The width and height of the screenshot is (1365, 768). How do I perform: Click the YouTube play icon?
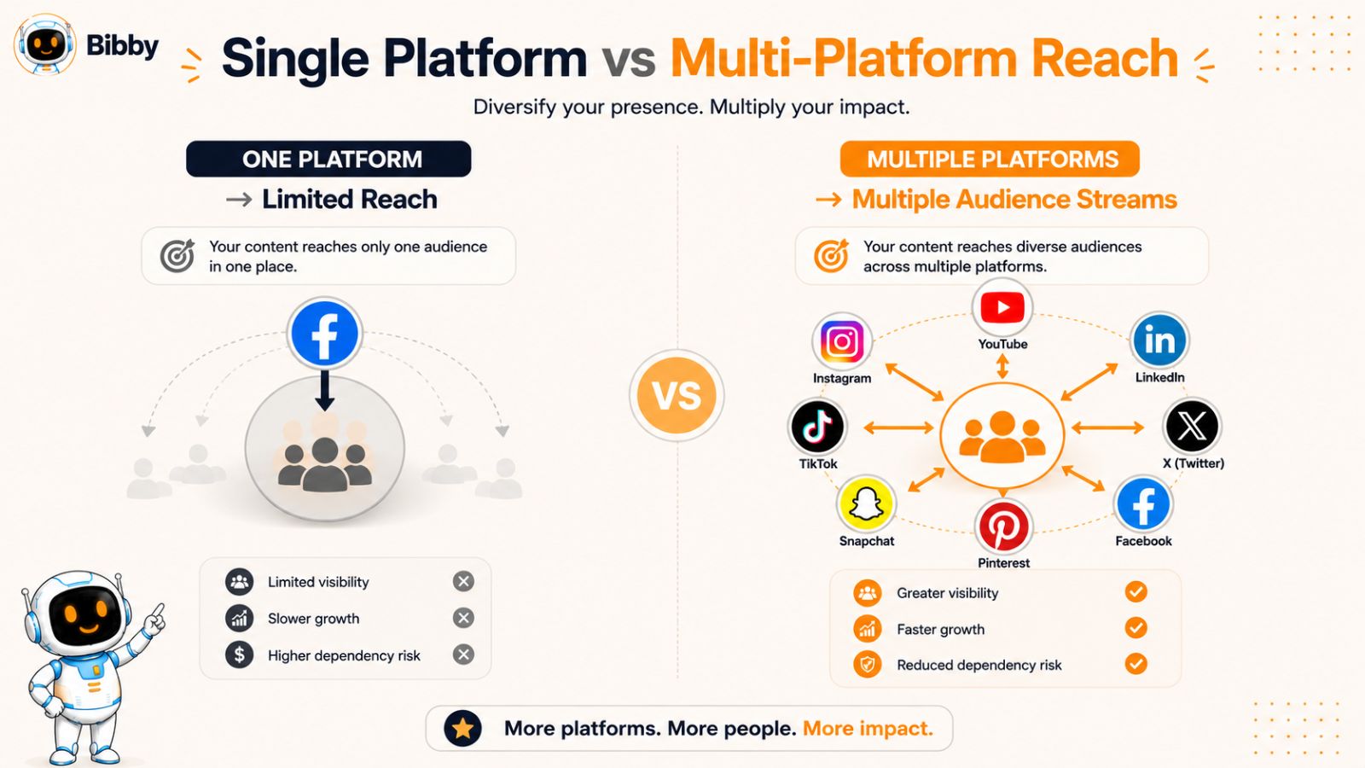1002,307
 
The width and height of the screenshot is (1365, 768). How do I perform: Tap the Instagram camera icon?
842,342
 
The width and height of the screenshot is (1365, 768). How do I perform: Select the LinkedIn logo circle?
1159,340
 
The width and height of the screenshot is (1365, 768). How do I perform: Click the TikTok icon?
817,427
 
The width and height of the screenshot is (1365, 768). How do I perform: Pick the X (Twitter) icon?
1192,426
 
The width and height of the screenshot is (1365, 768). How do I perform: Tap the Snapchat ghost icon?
866,504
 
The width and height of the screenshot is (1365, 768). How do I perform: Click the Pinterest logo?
1003,527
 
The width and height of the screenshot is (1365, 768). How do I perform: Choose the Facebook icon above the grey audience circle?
324,334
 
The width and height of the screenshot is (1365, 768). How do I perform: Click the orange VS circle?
677,396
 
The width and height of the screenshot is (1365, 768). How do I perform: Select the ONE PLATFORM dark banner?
328,159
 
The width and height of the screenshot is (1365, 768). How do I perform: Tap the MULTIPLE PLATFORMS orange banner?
990,159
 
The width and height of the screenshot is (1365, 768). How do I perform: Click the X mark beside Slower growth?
463,618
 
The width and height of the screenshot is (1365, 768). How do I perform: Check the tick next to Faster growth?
1136,628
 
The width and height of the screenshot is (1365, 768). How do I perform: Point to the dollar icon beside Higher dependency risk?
240,655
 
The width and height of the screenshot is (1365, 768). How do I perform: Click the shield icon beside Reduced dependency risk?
867,665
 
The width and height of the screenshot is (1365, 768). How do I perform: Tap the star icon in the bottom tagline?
462,729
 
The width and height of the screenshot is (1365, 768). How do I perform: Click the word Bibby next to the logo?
122,46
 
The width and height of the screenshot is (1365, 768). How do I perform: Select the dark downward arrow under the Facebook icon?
325,391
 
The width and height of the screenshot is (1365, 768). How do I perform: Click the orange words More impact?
868,729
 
